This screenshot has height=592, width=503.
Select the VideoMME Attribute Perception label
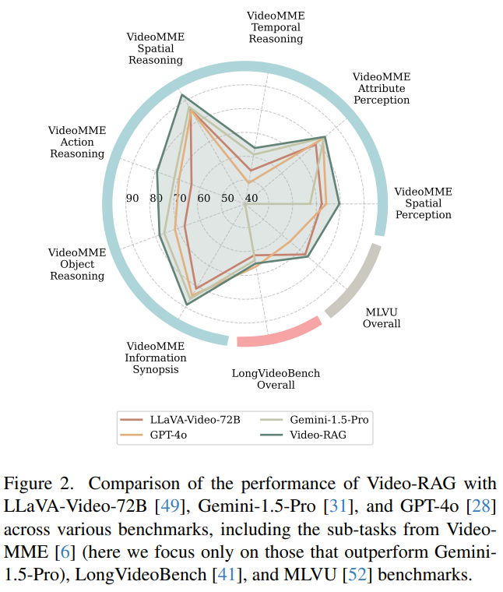[x=382, y=88]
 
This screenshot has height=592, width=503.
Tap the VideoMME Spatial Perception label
[x=423, y=203]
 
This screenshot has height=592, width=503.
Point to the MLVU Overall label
[x=382, y=318]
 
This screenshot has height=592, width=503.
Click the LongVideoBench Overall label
[x=276, y=379]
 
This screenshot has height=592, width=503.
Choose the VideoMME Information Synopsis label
[x=156, y=358]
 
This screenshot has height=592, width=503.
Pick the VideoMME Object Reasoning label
[x=77, y=264]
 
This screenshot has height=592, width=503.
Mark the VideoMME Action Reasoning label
[x=77, y=142]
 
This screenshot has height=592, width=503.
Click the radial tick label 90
[x=132, y=199]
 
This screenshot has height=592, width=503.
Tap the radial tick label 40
[x=251, y=199]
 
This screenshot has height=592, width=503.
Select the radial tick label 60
[x=204, y=199]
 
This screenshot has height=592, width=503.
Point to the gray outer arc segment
[x=355, y=282]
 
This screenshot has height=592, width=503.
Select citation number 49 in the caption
[x=166, y=507]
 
